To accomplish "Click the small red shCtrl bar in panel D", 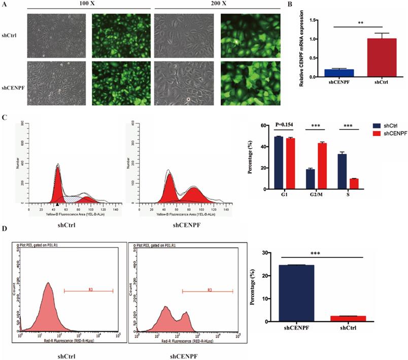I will [x=351, y=319].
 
